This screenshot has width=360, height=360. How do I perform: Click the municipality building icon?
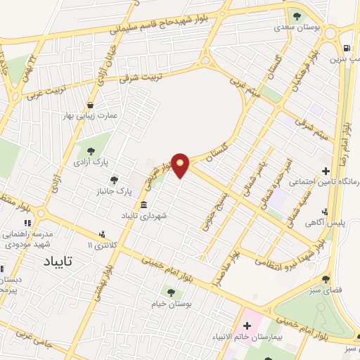click(143, 205)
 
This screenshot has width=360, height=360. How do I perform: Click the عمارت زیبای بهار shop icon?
click(89, 106)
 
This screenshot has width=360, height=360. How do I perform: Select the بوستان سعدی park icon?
click(296, 15)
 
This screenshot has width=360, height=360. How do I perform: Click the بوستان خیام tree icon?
click(170, 292)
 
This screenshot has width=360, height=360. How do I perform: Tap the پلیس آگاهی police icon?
click(324, 212)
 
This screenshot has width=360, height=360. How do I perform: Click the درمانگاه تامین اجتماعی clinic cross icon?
click(325, 171)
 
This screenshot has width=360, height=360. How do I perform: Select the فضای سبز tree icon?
click(325, 278)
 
